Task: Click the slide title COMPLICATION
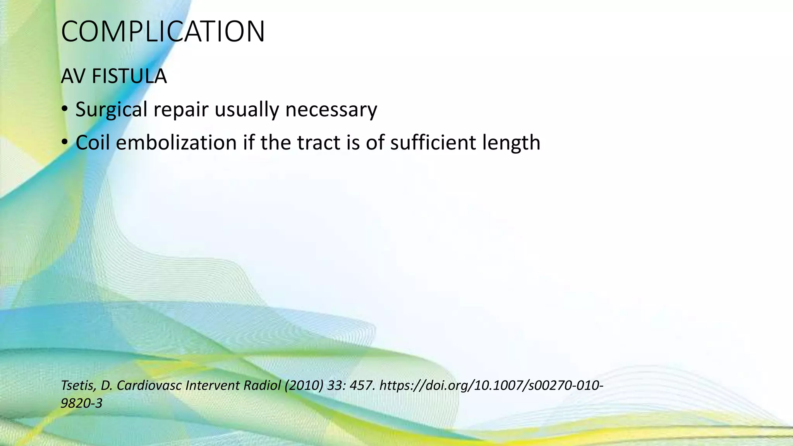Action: pyautogui.click(x=163, y=31)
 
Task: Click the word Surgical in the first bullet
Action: pyautogui.click(x=112, y=110)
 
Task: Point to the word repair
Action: pyautogui.click(x=181, y=110)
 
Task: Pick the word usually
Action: pyautogui.click(x=247, y=110)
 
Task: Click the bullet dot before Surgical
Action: pyautogui.click(x=65, y=110)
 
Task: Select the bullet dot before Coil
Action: pyautogui.click(x=65, y=142)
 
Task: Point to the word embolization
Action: pyautogui.click(x=176, y=142)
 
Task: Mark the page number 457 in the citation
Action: pyautogui.click(x=362, y=386)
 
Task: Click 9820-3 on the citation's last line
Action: pyautogui.click(x=82, y=403)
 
